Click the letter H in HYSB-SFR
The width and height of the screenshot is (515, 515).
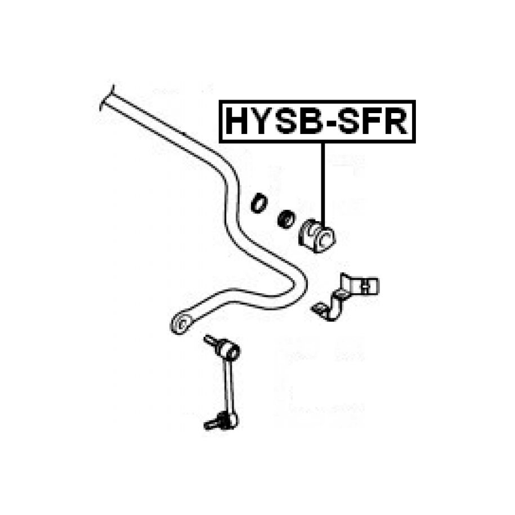tap(238, 122)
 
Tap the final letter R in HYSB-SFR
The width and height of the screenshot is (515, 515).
tap(396, 122)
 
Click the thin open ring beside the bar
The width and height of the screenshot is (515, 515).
tap(258, 203)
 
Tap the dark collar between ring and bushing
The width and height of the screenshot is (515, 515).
tap(286, 218)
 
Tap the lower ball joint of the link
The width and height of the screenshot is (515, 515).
tap(227, 419)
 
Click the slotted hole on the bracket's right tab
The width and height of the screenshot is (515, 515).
tap(367, 286)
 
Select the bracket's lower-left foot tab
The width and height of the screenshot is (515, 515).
tap(320, 309)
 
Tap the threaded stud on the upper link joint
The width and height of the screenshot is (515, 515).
tap(212, 339)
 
